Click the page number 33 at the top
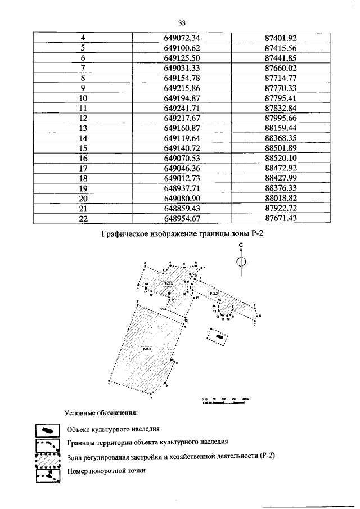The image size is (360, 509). [x=181, y=23]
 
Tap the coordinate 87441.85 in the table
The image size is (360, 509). [x=280, y=58]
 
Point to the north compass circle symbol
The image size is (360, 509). [x=241, y=262]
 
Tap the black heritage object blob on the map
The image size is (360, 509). [x=219, y=337]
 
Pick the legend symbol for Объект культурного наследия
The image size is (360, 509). [x=47, y=430]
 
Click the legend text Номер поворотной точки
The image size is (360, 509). [x=106, y=470]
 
